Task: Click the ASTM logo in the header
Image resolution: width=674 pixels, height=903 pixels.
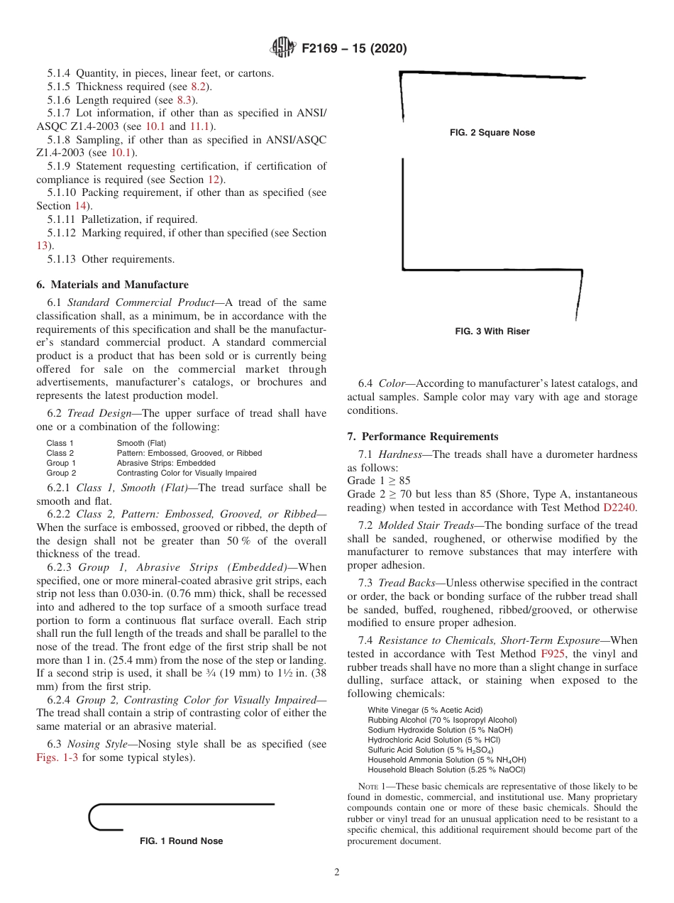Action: click(283, 48)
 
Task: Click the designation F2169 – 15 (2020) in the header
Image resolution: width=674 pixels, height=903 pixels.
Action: click(354, 49)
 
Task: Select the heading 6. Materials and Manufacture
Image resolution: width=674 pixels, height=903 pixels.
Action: click(112, 285)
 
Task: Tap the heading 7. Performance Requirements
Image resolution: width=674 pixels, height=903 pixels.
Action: click(423, 437)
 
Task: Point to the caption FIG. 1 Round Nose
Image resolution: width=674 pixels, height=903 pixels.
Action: click(182, 841)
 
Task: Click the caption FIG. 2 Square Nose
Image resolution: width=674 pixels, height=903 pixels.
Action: click(492, 133)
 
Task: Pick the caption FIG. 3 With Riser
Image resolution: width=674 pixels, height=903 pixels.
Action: click(492, 332)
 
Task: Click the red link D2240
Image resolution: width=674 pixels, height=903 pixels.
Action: click(620, 508)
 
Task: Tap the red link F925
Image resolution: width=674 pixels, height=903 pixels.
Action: click(552, 654)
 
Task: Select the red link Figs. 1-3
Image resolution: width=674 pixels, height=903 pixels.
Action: click(59, 757)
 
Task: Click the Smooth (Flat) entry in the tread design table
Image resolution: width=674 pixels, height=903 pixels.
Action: click(141, 443)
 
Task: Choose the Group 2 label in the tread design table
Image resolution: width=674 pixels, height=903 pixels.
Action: click(61, 473)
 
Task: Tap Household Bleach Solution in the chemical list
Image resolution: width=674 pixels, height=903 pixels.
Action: click(446, 770)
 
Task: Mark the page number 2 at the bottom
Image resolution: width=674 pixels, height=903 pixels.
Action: click(337, 872)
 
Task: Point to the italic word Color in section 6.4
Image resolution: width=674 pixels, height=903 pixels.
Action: click(392, 384)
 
